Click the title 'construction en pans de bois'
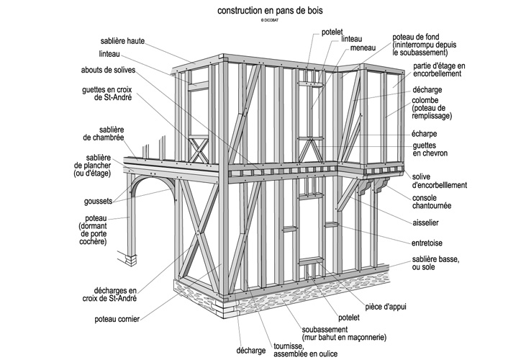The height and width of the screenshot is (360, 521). [260, 12]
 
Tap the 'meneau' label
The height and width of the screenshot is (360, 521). [363, 48]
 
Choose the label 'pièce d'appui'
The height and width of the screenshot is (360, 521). [386, 306]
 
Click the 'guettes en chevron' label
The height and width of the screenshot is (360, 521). [429, 149]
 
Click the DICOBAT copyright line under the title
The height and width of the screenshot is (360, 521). [260, 22]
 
